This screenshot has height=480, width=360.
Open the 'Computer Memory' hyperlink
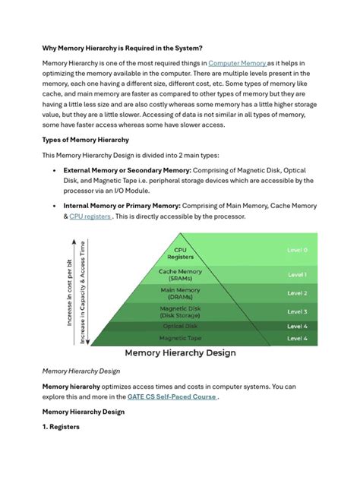click(236, 62)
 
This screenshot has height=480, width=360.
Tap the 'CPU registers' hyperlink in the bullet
click(90, 216)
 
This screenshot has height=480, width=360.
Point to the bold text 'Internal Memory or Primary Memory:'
click(122, 204)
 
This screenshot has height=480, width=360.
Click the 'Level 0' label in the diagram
click(297, 249)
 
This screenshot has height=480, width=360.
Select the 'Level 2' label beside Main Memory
click(297, 293)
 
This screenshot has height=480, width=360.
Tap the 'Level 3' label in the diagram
click(297, 311)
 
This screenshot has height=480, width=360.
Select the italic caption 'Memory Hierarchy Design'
click(82, 371)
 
